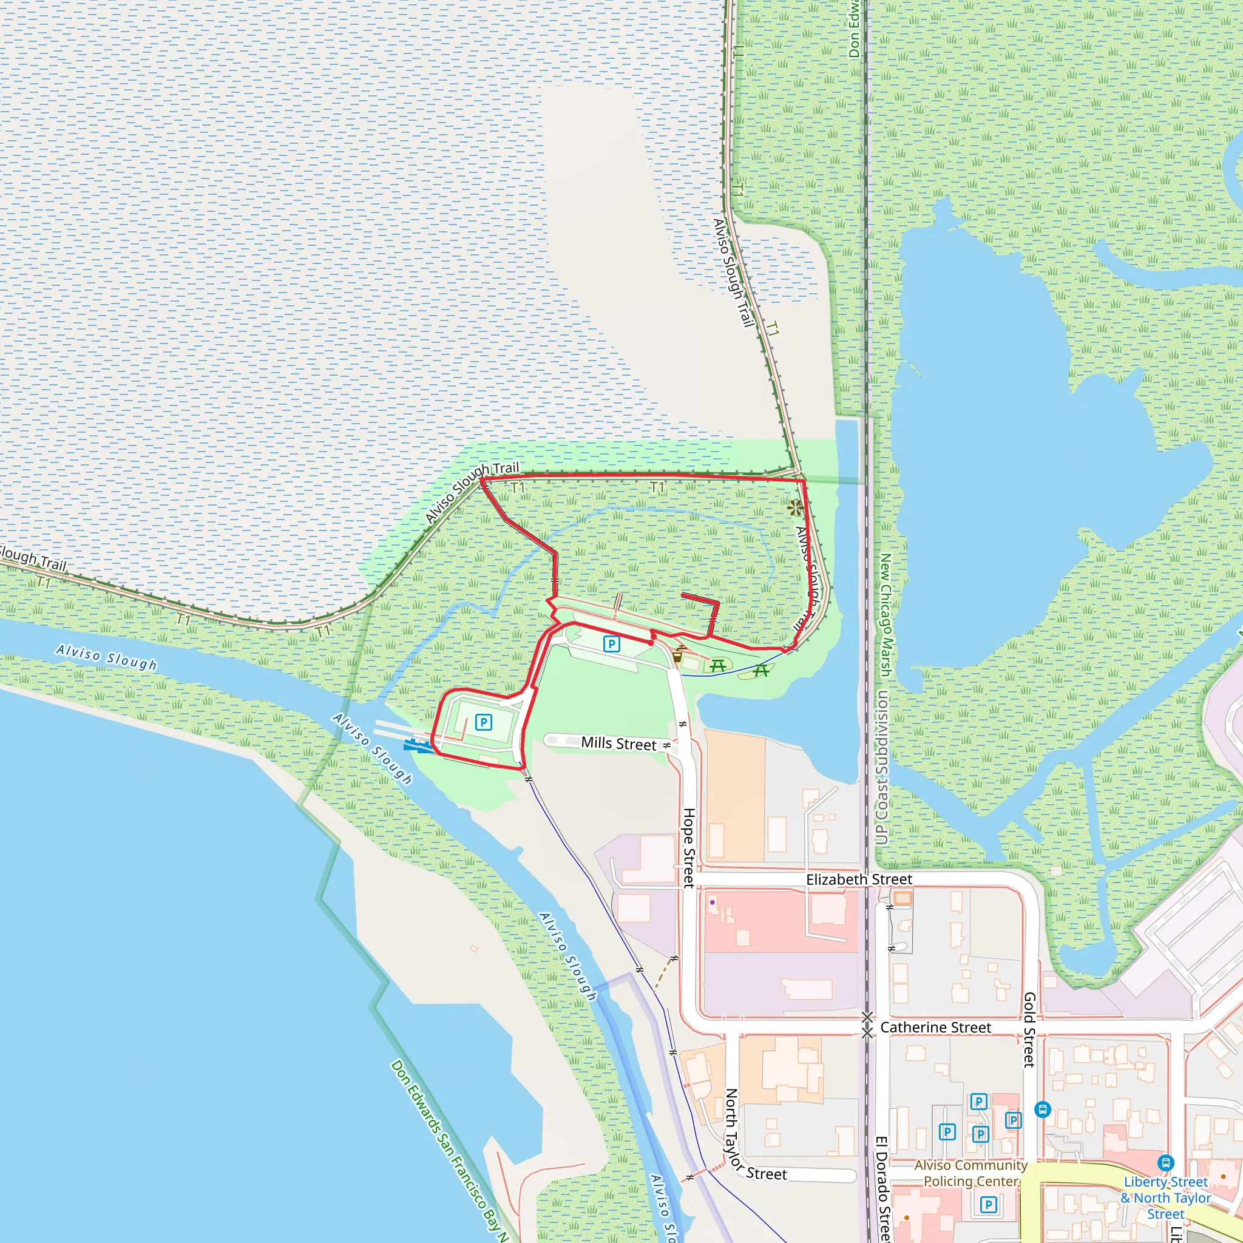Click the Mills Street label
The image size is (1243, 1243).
(618, 743)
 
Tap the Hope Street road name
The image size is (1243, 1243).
(689, 848)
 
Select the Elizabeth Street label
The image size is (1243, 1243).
(859, 879)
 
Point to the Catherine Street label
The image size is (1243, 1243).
(935, 1028)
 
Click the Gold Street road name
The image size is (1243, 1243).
(1029, 1029)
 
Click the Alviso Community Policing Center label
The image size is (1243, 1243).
(971, 1173)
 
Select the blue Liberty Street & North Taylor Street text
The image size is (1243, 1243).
(1166, 1198)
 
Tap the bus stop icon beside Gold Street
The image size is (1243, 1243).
(1043, 1109)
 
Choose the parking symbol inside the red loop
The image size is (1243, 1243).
(483, 722)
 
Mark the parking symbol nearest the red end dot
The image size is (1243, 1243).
(611, 644)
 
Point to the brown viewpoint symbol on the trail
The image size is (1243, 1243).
(796, 507)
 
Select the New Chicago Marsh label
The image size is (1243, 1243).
(886, 615)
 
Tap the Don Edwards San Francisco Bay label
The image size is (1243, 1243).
(450, 1151)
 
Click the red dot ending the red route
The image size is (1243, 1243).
(651, 643)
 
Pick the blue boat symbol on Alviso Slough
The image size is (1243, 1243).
(418, 746)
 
